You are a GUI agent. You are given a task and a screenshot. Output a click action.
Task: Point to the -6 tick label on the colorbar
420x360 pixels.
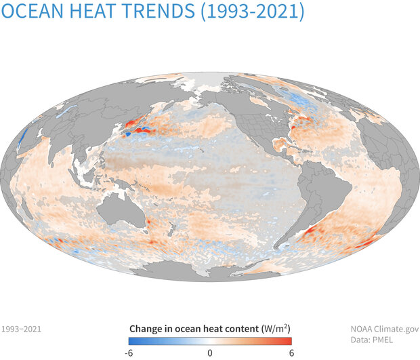coord(131,353)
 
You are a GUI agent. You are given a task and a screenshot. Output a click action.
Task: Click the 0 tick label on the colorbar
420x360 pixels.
coord(210,353)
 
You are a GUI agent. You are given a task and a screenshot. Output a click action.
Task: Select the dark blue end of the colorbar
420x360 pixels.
coord(132,341)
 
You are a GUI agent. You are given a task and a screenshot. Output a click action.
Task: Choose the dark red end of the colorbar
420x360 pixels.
coord(288,341)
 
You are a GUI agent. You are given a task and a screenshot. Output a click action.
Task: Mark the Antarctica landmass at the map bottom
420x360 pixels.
coord(217,271)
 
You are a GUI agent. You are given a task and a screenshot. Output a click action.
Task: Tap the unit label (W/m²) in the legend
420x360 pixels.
coord(276,328)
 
